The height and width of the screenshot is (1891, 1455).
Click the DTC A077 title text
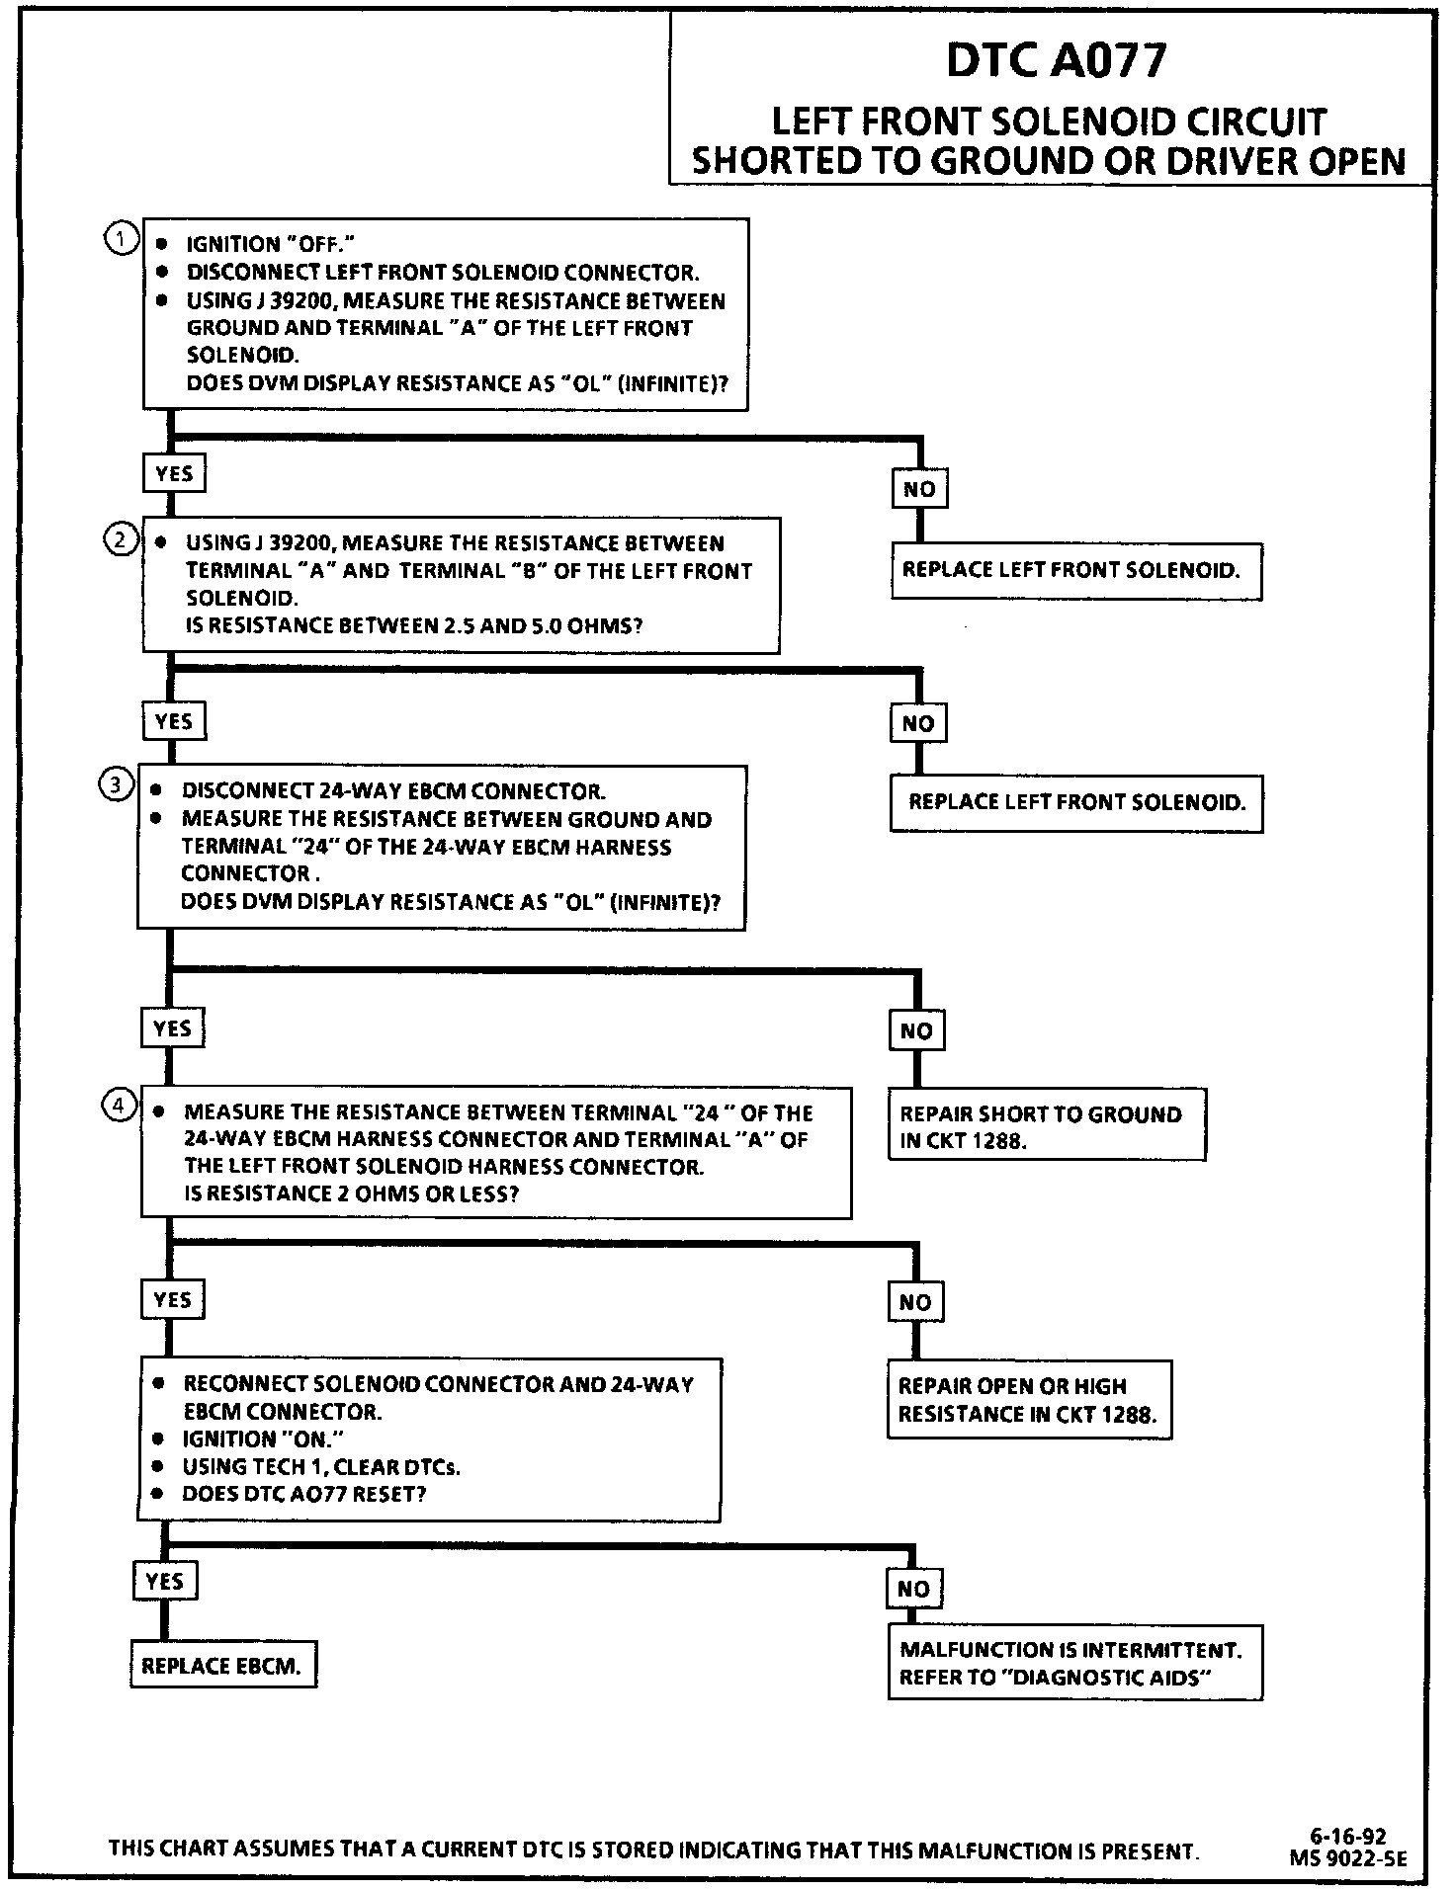[x=1056, y=60]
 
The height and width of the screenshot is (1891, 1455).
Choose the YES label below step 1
[x=174, y=474]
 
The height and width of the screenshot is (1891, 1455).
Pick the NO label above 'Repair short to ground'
[x=916, y=1031]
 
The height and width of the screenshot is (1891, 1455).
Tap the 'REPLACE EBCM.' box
[x=222, y=1666]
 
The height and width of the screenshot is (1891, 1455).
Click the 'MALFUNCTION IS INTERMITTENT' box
[x=1074, y=1664]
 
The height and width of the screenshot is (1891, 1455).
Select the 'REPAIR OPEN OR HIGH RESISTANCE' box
[x=1028, y=1400]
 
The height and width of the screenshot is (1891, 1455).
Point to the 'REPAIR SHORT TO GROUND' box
[x=1046, y=1126]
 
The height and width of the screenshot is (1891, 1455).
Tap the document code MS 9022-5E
[x=1347, y=1857]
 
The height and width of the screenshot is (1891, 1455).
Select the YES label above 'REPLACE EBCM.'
[x=164, y=1581]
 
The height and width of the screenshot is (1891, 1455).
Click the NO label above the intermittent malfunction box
[x=913, y=1589]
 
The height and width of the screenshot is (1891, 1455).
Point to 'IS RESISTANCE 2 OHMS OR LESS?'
[x=351, y=1193]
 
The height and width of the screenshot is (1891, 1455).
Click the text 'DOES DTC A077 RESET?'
[x=303, y=1494]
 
